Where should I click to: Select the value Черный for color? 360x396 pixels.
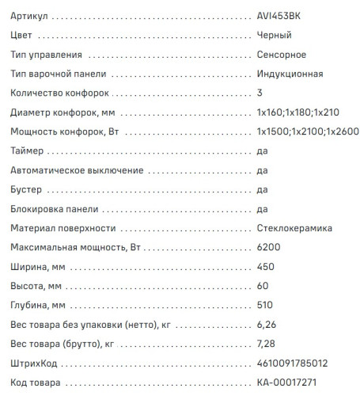coord(275,36)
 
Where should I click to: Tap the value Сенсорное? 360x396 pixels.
coord(282,55)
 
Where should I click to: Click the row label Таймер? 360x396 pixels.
coord(29,151)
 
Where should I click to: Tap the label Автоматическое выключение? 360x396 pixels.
coord(78,170)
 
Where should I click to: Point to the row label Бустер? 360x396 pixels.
coord(28,190)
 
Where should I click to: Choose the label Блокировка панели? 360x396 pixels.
coord(55,209)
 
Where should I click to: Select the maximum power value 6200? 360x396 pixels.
coord(268,248)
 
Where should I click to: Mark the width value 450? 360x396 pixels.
coord(266,267)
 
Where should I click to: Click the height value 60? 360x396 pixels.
coord(263,286)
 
